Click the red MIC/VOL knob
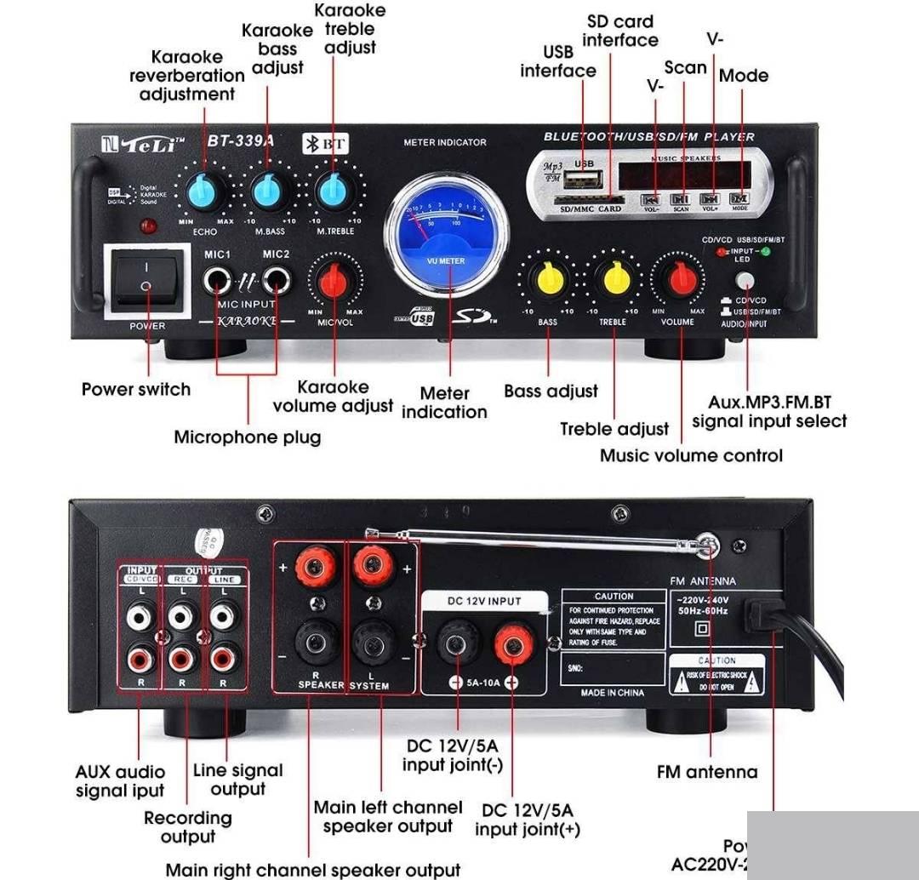[334, 280]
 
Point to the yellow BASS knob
[548, 278]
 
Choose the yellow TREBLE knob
[613, 278]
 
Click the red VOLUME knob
[679, 278]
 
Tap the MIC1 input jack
[218, 278]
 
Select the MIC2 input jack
[276, 278]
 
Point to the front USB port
[584, 180]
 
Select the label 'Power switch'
[136, 390]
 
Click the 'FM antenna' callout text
[706, 772]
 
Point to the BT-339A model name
[241, 141]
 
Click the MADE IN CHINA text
[613, 693]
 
